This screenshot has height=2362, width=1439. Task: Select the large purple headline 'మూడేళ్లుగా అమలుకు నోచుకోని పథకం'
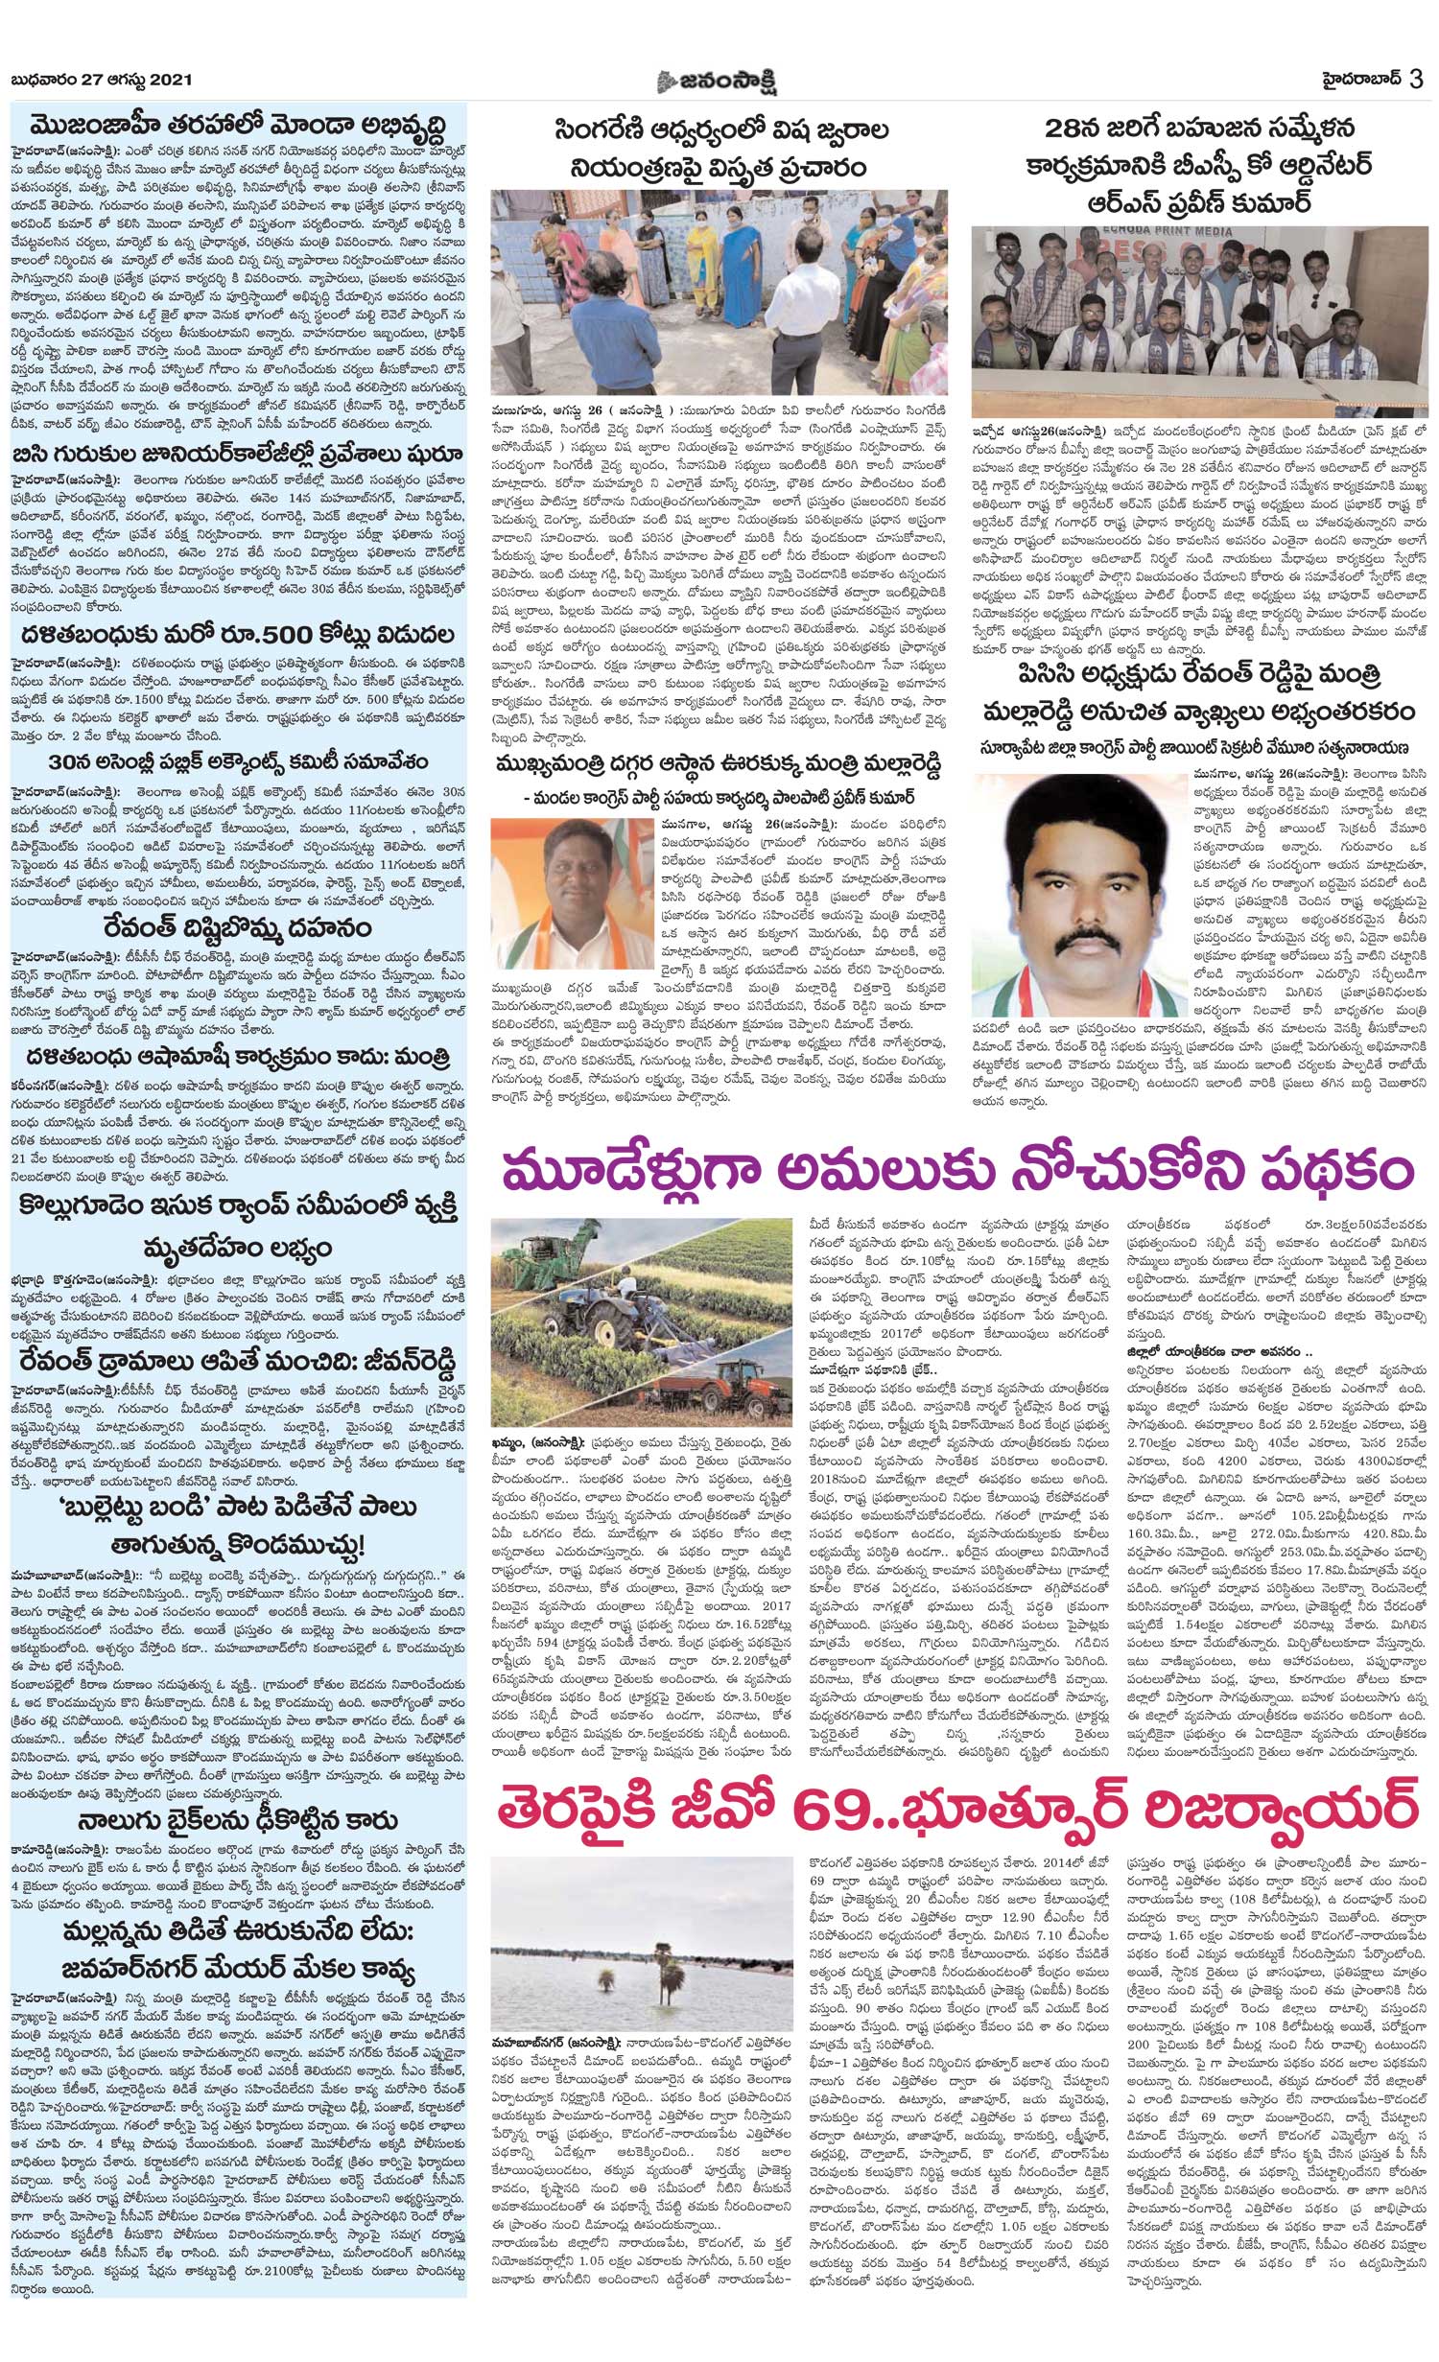[955, 1174]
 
